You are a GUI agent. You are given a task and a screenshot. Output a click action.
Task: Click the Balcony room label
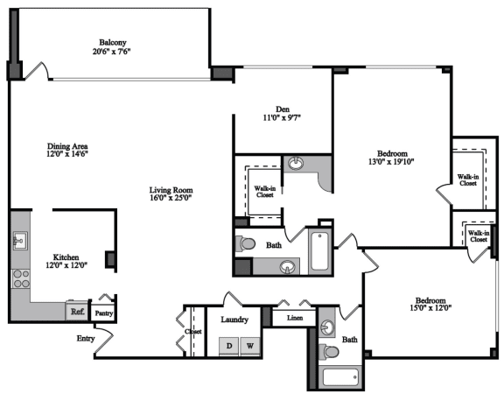pyautogui.click(x=113, y=42)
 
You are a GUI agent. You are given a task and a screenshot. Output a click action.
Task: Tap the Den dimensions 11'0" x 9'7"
pyautogui.click(x=282, y=117)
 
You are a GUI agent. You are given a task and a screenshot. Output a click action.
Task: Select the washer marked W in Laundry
pyautogui.click(x=250, y=346)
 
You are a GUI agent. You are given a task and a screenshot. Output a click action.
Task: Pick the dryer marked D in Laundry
pyautogui.click(x=229, y=346)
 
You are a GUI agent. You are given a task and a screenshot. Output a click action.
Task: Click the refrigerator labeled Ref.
pyautogui.click(x=77, y=311)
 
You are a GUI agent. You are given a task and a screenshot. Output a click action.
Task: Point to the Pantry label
pyautogui.click(x=104, y=313)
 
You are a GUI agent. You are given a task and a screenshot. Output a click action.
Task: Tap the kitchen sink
pyautogui.click(x=20, y=241)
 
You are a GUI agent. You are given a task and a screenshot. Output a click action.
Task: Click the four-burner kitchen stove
pyautogui.click(x=21, y=278)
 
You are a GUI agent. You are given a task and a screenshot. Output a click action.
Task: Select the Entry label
pyautogui.click(x=86, y=338)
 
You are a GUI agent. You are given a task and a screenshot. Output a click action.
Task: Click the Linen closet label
pyautogui.click(x=295, y=318)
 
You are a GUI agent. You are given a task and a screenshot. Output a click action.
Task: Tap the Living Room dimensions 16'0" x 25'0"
pyautogui.click(x=171, y=198)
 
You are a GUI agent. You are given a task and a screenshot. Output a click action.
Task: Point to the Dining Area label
pyautogui.click(x=67, y=146)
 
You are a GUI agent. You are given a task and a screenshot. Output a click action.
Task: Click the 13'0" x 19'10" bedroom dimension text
pyautogui.click(x=391, y=161)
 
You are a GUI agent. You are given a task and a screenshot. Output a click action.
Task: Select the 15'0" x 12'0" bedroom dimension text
pyautogui.click(x=430, y=307)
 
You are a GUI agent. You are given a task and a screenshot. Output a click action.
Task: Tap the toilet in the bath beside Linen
pyautogui.click(x=330, y=351)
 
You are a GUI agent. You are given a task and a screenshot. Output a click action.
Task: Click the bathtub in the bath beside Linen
pyautogui.click(x=340, y=376)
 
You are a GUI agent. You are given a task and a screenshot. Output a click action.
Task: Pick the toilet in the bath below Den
pyautogui.click(x=246, y=243)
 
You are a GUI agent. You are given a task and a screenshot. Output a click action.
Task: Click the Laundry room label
pyautogui.click(x=234, y=320)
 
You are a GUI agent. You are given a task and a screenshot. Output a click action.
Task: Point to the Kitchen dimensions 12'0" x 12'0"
pyautogui.click(x=66, y=265)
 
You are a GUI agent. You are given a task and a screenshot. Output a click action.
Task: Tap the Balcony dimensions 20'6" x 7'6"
pyautogui.click(x=111, y=52)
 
